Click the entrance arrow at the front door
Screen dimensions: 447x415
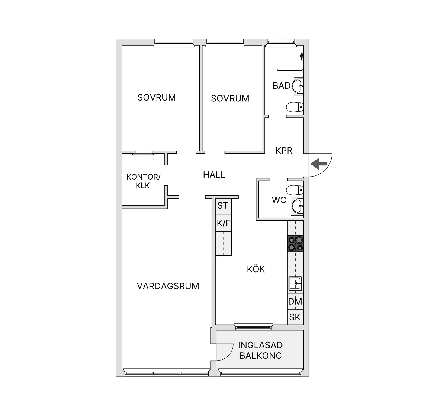point(319,164)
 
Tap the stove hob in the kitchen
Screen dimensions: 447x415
point(296,244)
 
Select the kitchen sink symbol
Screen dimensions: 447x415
point(295,283)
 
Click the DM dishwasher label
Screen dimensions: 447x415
point(295,301)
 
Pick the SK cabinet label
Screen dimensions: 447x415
point(295,317)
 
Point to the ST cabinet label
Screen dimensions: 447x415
point(223,206)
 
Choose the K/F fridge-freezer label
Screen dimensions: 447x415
point(224,223)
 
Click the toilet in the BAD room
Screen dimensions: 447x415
point(295,107)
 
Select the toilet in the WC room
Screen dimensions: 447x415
point(295,190)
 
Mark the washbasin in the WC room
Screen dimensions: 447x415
point(297,206)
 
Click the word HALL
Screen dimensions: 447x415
point(214,175)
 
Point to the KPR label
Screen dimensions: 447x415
point(284,151)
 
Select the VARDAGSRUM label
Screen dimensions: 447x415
point(168,286)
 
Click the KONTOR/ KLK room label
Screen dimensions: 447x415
point(143,181)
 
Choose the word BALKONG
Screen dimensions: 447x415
point(261,356)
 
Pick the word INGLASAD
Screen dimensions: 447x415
point(260,345)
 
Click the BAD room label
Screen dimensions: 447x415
point(281,86)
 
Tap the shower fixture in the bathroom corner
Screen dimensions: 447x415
point(302,57)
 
